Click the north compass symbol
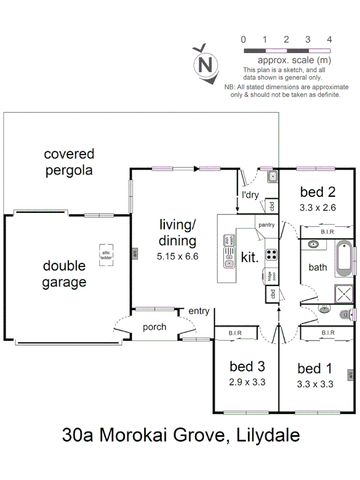point(205,63)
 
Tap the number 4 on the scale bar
point(329,39)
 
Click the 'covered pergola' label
point(69,162)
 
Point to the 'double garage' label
point(64,274)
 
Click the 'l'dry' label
point(250,195)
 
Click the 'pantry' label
point(266,225)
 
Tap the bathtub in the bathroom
point(344,258)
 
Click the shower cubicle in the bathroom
point(343,293)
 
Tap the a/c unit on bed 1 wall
point(350,375)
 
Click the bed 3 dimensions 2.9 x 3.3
point(247,382)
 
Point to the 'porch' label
point(155,327)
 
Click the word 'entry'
point(198,311)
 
